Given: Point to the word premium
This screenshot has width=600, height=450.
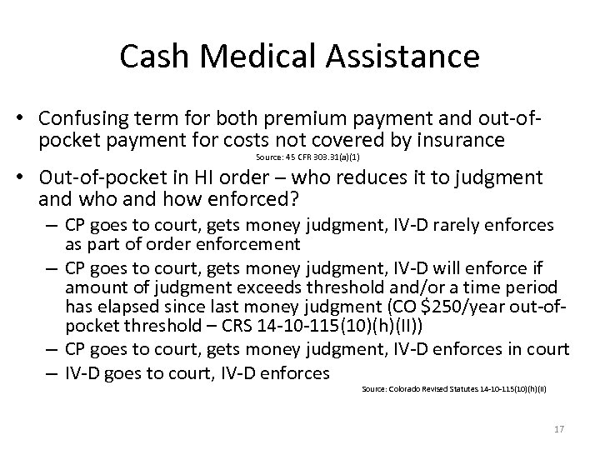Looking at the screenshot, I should click(282, 118).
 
